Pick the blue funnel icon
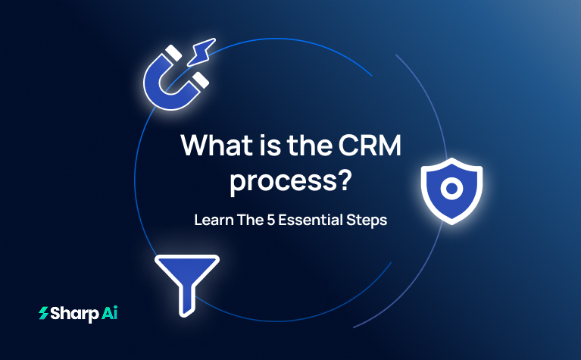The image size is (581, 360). pyautogui.click(x=186, y=277)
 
